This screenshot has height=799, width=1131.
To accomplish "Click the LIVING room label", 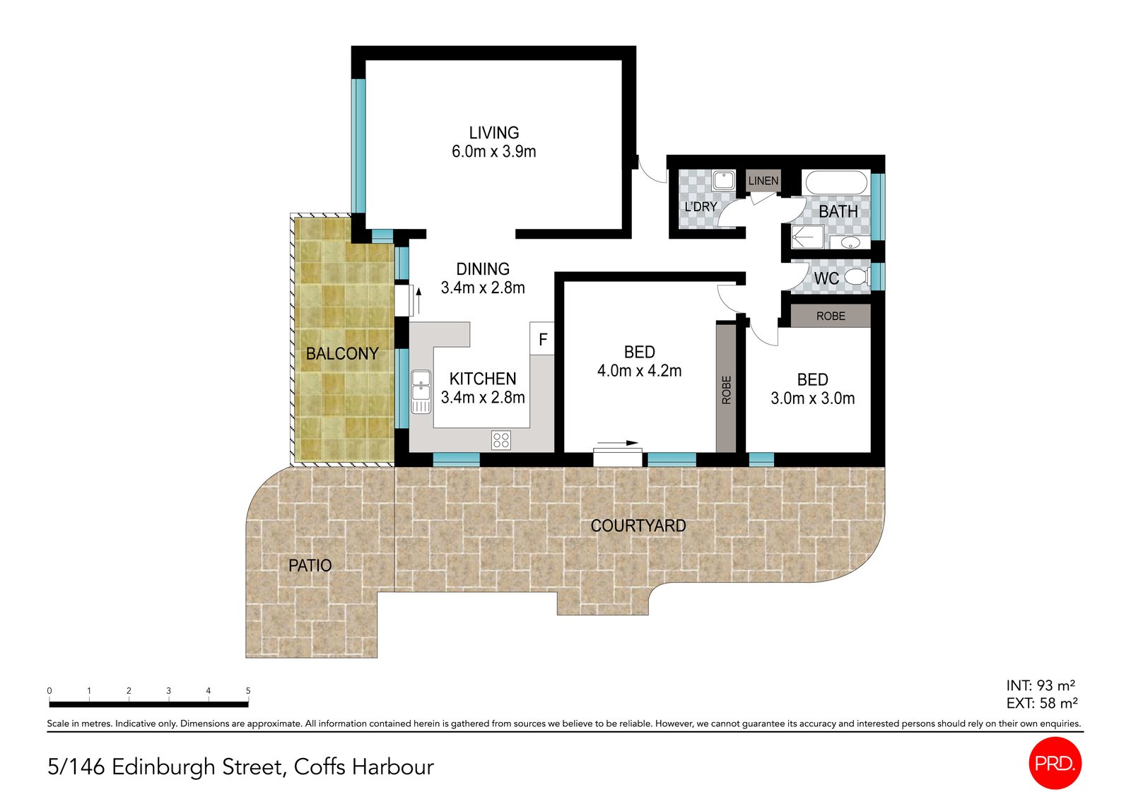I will click(493, 133).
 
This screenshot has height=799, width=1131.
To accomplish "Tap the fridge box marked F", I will click(542, 340).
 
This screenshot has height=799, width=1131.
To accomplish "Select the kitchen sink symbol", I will click(421, 391).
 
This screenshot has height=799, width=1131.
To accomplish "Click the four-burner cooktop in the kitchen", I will click(501, 440).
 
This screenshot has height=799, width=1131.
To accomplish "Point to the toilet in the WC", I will click(857, 277).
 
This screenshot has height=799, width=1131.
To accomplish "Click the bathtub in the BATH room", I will click(836, 182).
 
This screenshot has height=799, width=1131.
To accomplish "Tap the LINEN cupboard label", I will click(763, 181).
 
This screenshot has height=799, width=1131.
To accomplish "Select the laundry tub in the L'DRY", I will click(723, 180).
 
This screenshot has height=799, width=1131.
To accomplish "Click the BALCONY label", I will click(342, 353).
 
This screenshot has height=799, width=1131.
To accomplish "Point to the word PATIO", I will click(310, 565).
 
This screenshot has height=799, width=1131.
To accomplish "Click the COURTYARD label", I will click(638, 526).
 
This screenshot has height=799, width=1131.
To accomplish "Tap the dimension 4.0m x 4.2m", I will click(639, 371).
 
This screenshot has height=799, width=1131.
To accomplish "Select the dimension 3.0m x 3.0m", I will click(812, 398).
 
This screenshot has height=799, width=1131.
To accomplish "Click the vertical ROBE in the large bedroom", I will click(726, 389).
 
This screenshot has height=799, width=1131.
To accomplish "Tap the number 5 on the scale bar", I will click(248, 691).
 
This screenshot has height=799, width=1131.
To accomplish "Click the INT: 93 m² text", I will click(1041, 685).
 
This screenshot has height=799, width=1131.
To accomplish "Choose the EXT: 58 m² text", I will click(1041, 703).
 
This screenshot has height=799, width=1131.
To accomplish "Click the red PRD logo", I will click(1055, 763).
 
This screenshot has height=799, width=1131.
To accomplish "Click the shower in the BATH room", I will click(807, 237).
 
